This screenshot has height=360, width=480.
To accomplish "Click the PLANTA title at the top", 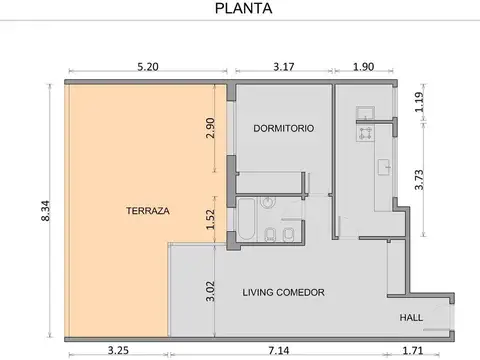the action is pyautogui.click(x=243, y=8).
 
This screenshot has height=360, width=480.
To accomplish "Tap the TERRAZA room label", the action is pyautogui.click(x=148, y=211).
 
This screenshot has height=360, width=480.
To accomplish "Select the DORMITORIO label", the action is pyautogui.click(x=283, y=128).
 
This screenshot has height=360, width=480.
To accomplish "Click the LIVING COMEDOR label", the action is pyautogui.click(x=283, y=292).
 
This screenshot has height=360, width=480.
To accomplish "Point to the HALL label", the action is pyautogui.click(x=411, y=317).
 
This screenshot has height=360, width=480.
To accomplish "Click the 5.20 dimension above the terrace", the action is pyautogui.click(x=148, y=67).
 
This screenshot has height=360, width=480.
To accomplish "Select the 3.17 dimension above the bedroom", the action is pyautogui.click(x=284, y=67).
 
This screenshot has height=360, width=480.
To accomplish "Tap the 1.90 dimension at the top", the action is pyautogui.click(x=363, y=67).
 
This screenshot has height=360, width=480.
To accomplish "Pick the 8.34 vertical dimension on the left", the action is pyautogui.click(x=45, y=211).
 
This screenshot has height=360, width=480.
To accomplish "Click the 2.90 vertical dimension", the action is pyautogui.click(x=210, y=128).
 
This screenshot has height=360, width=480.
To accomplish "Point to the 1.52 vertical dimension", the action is pyautogui.click(x=210, y=219).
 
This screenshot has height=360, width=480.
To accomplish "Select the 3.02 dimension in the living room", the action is pyautogui.click(x=210, y=291).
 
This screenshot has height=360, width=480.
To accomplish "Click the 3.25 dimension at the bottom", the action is pyautogui.click(x=118, y=351).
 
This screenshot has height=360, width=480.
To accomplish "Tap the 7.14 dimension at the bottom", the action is pyautogui.click(x=279, y=351).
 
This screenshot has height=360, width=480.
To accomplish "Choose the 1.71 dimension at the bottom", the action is pyautogui.click(x=413, y=351).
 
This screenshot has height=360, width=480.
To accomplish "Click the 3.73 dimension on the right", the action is pyautogui.click(x=419, y=180).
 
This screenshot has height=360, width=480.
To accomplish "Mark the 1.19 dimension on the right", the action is pyautogui.click(x=419, y=102).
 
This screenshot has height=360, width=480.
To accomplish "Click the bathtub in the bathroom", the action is pyautogui.click(x=247, y=219).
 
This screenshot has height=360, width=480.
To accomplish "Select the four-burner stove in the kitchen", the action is pyautogui.click(x=365, y=133).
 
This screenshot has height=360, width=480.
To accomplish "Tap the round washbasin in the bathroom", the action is pyautogui.click(x=268, y=202).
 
